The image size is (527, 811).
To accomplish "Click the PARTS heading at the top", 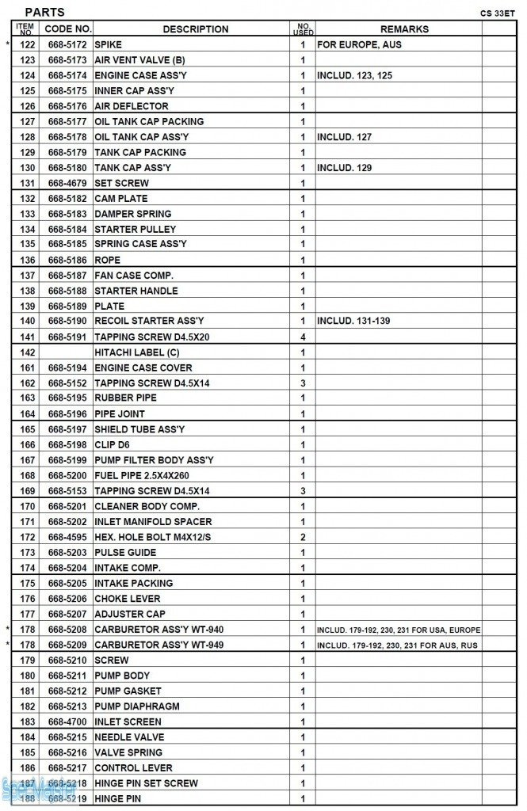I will pos(44,12).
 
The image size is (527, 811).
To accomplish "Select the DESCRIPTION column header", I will pos(195,29).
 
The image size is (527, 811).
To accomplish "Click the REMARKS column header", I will pos(404,29).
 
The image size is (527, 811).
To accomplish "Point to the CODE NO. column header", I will pos(67,29).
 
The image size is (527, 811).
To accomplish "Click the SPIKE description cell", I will pos(109,44).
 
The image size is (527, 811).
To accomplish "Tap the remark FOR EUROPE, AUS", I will pos(359,44).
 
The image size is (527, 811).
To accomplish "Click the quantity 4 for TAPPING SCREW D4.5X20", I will pos(303,337).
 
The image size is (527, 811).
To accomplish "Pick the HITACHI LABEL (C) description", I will pos(137,352).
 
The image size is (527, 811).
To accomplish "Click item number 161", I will pos(28,367).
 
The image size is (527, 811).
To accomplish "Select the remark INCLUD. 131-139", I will pos(354,322).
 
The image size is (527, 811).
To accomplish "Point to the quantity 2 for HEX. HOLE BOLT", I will pos(303,537).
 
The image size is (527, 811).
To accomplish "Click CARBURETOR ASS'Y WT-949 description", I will pos(158,645).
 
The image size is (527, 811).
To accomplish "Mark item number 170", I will pos(28,506).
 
